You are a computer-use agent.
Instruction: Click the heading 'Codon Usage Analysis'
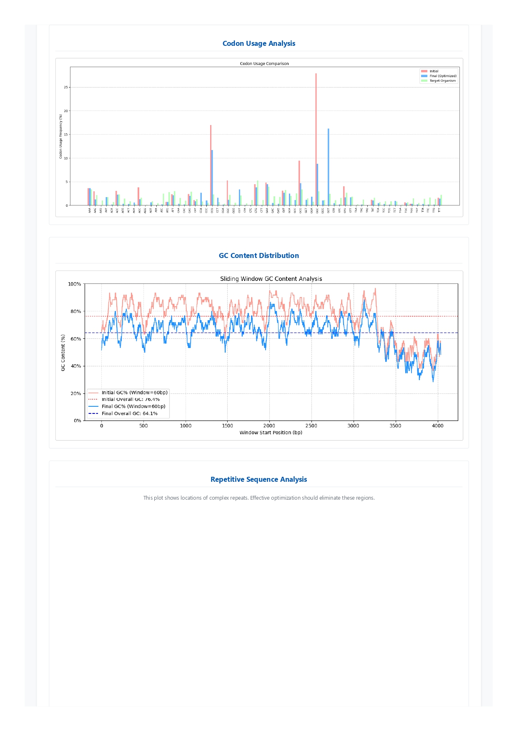coord(258,43)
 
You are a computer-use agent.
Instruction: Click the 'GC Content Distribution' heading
coord(258,255)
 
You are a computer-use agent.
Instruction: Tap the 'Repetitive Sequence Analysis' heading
coord(258,479)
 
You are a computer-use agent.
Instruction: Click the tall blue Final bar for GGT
coord(329,167)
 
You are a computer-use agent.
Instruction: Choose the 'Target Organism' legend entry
coord(442,81)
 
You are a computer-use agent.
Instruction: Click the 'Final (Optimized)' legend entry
coord(443,76)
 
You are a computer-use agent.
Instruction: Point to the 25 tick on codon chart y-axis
coord(65,88)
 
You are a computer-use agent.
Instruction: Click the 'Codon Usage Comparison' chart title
coord(264,64)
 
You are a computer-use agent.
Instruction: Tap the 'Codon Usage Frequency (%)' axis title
coord(60,136)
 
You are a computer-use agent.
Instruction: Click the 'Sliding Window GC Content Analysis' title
coord(271,279)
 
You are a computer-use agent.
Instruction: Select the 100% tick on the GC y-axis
coord(75,284)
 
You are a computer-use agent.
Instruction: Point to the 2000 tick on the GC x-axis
coord(269,426)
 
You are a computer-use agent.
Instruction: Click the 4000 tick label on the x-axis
coord(437,426)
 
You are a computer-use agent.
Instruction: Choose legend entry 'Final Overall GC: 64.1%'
coord(129,413)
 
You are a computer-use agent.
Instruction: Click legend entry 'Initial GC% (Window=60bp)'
coord(134,393)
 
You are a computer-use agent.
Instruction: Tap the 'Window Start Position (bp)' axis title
coord(271,433)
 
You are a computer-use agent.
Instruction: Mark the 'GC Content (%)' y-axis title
coord(63,352)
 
